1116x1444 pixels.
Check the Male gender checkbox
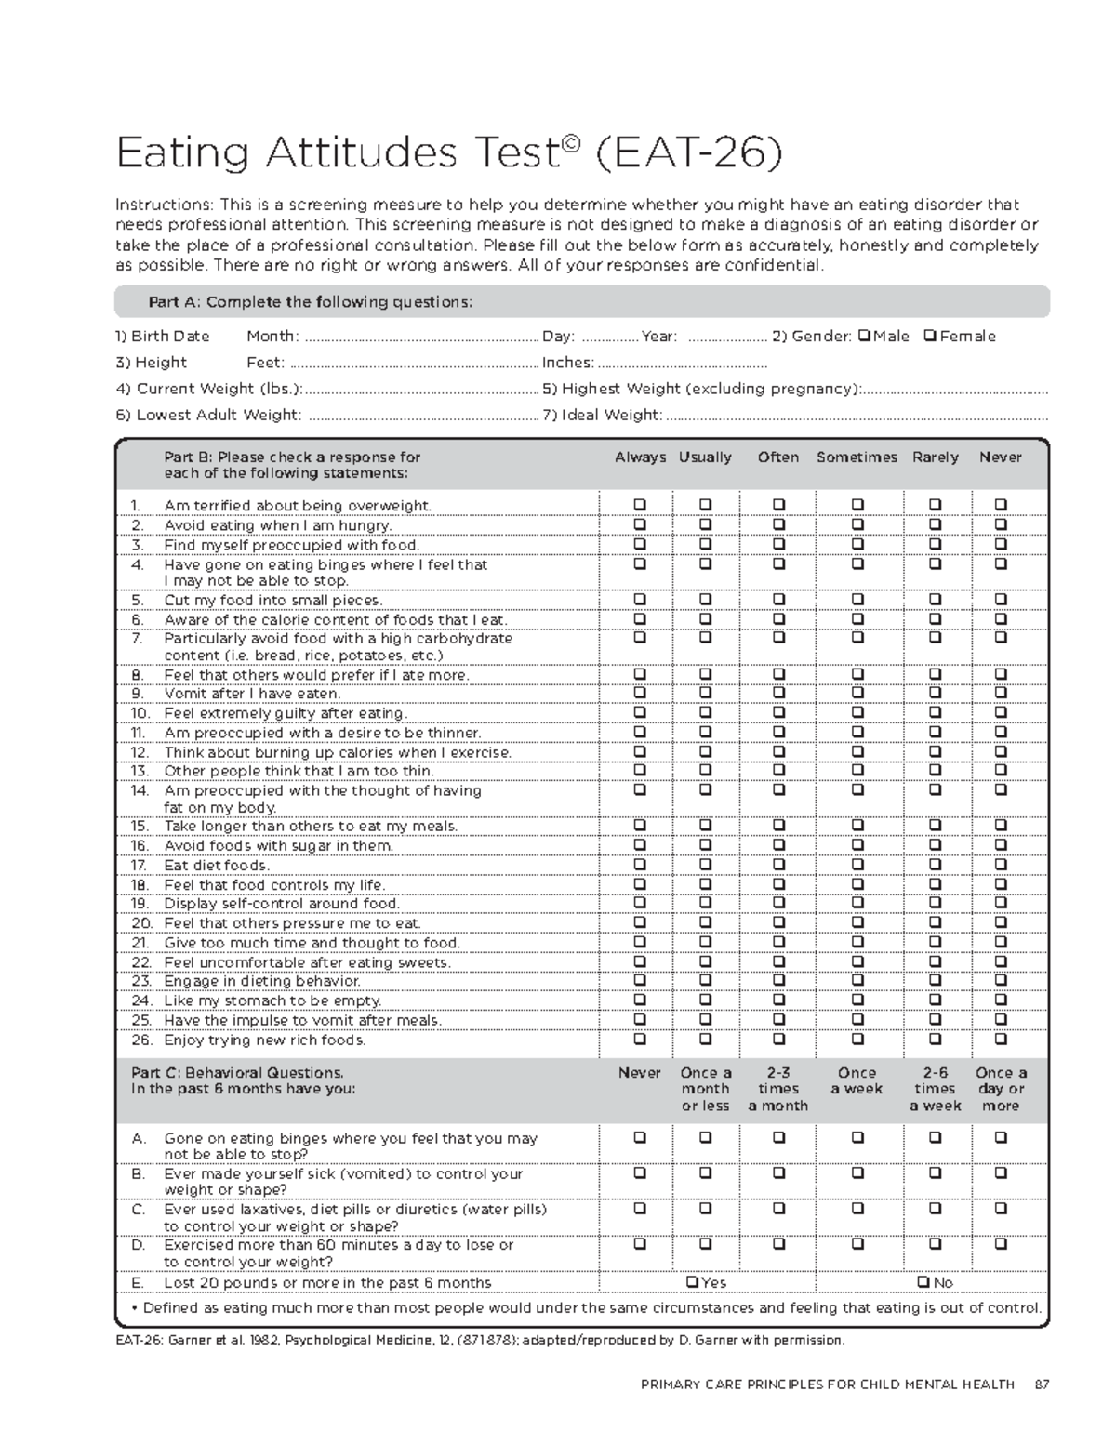[864, 336]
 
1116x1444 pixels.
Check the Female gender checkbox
[929, 336]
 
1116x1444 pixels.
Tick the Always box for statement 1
[640, 505]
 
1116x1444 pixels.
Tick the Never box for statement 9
[1001, 693]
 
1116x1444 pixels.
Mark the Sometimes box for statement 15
[857, 825]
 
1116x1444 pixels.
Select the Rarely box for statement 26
[935, 1040]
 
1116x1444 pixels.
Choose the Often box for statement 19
[778, 903]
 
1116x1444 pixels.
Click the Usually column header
[705, 457]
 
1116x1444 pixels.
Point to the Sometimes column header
[857, 457]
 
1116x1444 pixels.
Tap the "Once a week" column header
[857, 1080]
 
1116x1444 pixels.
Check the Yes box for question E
[692, 1282]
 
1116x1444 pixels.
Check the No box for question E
[923, 1282]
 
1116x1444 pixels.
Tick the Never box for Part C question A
[640, 1137]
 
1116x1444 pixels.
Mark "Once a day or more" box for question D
[1001, 1243]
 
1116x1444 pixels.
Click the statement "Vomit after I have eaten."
[252, 694]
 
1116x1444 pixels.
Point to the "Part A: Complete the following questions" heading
[311, 302]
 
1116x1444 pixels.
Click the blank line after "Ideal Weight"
[856, 416]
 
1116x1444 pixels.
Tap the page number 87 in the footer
[1041, 1384]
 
